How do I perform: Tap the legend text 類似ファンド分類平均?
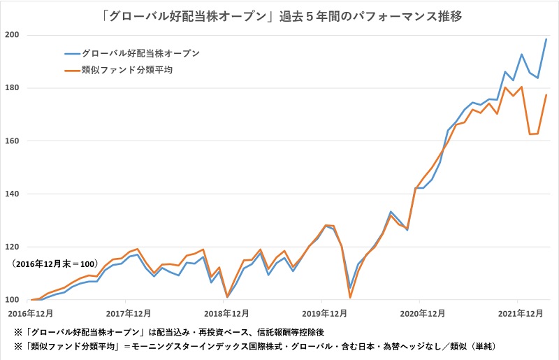pos(127,70)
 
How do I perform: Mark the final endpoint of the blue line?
pos(546,39)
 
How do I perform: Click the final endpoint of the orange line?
pos(546,95)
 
